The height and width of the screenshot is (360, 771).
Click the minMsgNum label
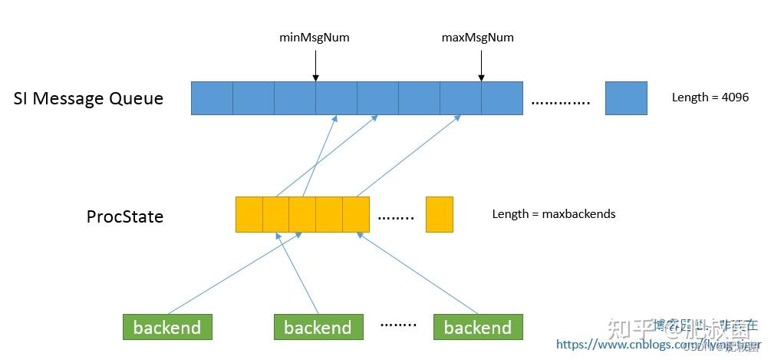pos(315,37)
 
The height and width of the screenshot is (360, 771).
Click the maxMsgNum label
pos(478,37)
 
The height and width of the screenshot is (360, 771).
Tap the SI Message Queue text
pos(88,98)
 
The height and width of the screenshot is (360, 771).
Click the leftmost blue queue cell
pos(212,98)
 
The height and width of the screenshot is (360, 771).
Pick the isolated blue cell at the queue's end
pos(626,98)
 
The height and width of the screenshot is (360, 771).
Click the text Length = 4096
pos(710,97)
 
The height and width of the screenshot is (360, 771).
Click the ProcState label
pos(124,216)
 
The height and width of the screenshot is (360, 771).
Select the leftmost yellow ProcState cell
pos(249,214)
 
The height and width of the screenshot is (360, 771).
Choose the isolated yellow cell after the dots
pos(440,214)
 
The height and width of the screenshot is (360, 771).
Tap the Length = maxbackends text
pos(554,214)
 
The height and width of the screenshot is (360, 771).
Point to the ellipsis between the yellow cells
pos(396,218)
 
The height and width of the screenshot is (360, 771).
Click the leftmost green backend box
pos(167,328)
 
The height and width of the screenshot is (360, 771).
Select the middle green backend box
pos(318,328)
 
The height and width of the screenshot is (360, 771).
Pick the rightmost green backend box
pos(477,328)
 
